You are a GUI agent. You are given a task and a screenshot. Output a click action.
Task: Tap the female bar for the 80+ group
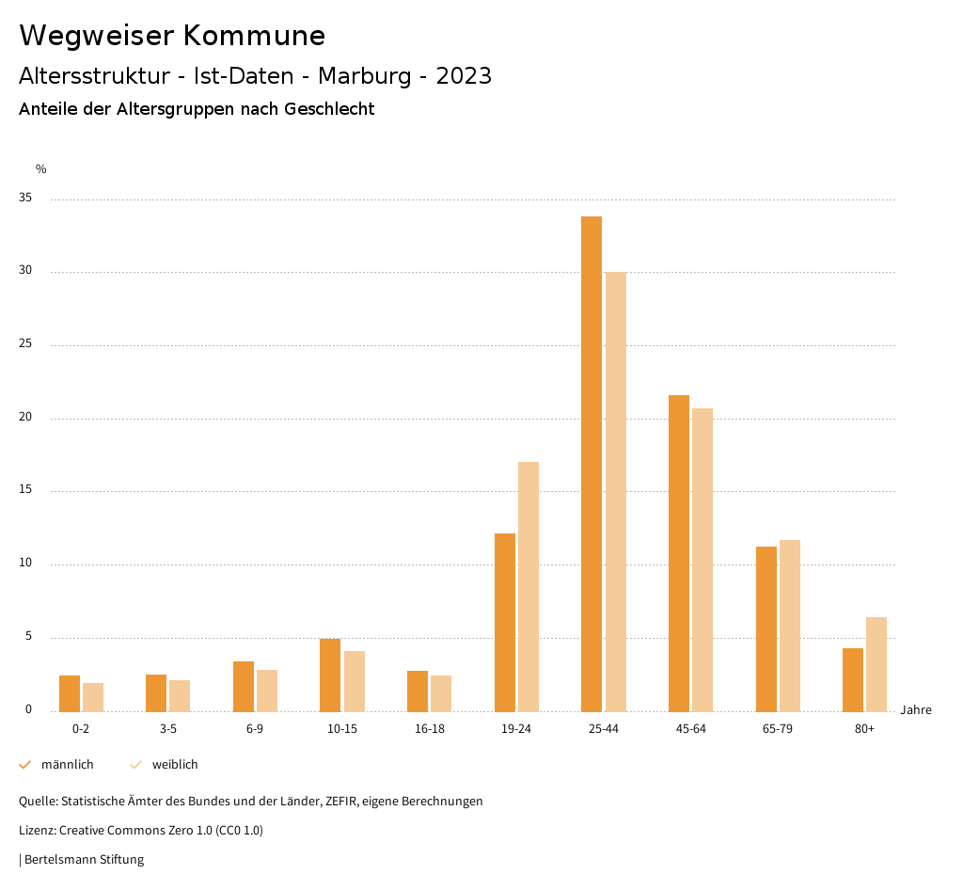pos(876,664)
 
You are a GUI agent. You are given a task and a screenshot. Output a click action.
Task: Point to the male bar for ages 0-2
pos(70,693)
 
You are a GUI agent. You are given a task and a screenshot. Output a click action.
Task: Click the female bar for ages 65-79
pos(790,626)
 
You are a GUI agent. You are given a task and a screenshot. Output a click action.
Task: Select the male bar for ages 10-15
pos(330,675)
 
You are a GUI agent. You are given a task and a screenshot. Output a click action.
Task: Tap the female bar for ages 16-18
pos(441,693)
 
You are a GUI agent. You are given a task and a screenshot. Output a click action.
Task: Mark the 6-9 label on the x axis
pos(255,729)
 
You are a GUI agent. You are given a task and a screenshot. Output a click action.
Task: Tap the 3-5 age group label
pos(168,729)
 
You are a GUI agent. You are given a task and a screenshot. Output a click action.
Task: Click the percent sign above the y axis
pos(41,169)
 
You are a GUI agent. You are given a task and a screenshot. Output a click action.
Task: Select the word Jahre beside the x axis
pos(916,710)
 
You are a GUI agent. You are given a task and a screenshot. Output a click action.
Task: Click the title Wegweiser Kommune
pos(172,36)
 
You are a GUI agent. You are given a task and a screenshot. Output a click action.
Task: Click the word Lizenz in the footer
pos(37,831)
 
